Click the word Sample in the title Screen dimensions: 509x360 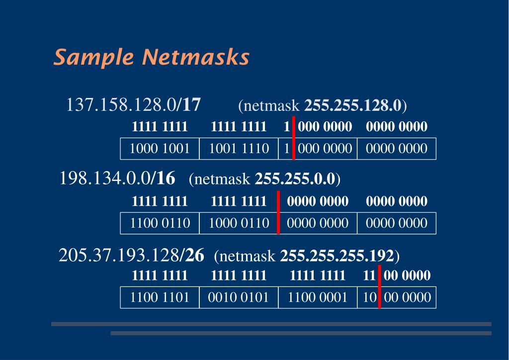(x=94, y=58)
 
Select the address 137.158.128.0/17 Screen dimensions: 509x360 (x=133, y=105)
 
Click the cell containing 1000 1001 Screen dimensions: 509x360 (x=160, y=149)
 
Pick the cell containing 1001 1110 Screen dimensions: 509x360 (x=239, y=149)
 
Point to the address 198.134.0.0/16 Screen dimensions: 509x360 (x=117, y=178)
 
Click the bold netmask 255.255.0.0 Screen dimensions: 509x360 (x=296, y=179)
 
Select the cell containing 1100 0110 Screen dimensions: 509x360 (x=160, y=223)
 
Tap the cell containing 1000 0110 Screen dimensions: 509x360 (x=239, y=223)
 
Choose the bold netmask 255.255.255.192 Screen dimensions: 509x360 (x=337, y=257)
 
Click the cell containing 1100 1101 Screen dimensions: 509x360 (x=160, y=297)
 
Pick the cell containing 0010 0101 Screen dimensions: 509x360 (x=239, y=297)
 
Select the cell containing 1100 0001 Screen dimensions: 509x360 (x=318, y=297)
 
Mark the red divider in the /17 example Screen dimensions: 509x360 (x=294, y=138)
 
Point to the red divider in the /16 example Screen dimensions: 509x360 (x=278, y=212)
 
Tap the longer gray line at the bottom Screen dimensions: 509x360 (x=271, y=324)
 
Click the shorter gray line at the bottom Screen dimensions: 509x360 (x=301, y=333)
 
